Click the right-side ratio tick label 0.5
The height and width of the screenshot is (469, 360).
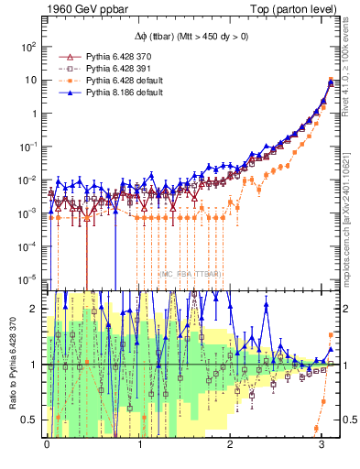(x=348, y=420)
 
